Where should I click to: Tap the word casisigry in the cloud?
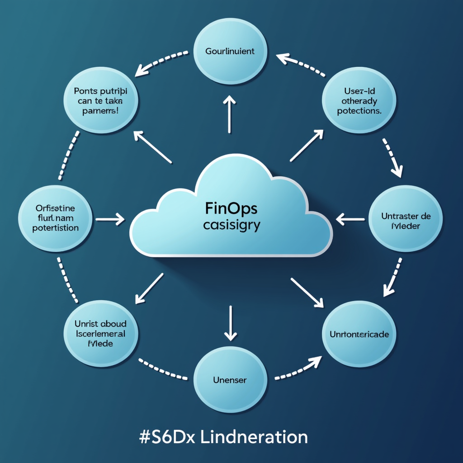click(x=231, y=225)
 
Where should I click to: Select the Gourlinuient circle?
click(x=230, y=51)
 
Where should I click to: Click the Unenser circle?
click(x=230, y=380)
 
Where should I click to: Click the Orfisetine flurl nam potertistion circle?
click(x=55, y=218)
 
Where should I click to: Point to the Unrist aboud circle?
click(x=100, y=334)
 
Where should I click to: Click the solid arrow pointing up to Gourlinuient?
click(x=231, y=114)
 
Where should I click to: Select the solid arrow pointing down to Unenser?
click(x=231, y=323)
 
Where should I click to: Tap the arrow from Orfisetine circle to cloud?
click(x=110, y=220)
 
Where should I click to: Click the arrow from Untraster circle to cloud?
click(x=350, y=220)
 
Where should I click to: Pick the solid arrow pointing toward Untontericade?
click(x=307, y=293)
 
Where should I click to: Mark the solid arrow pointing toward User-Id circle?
click(x=307, y=146)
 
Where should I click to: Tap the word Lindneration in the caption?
click(x=254, y=437)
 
